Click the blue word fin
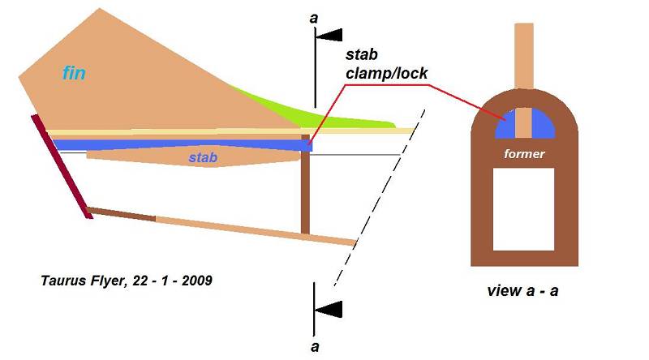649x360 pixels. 75,74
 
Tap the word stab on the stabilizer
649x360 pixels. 203,157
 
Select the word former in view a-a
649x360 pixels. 524,153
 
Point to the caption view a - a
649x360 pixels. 522,291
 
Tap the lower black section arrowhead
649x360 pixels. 329,309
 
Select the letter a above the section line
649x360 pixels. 314,15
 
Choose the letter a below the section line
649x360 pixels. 314,346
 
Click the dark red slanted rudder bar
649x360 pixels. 59,166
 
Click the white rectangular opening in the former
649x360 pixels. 524,208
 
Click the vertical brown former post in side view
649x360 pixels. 305,191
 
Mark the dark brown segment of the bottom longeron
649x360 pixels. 121,214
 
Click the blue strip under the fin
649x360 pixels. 178,144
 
